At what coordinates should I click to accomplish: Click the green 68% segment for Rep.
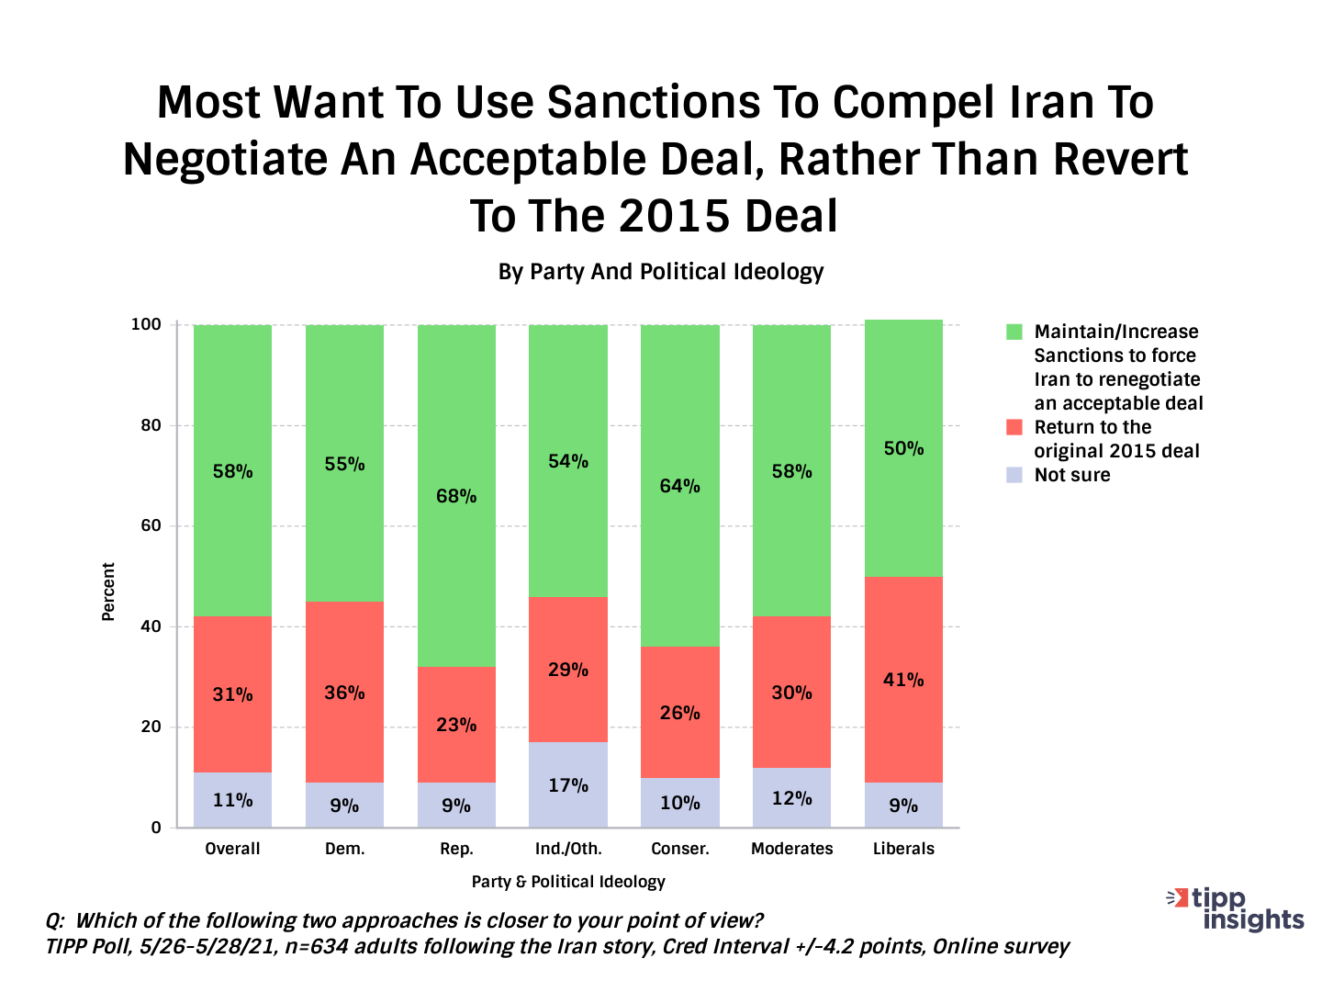coord(456,496)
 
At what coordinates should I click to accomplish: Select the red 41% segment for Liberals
coord(903,680)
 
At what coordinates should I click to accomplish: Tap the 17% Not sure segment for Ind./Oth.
coord(568,784)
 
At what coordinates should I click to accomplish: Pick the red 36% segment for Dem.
coord(344,693)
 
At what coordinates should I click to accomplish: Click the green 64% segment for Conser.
coord(679,486)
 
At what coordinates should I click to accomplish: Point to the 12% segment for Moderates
coord(791,797)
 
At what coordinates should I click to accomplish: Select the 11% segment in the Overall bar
coord(232,800)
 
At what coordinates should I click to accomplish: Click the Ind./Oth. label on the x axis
coord(568,849)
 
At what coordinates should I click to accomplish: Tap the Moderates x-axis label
coord(791,849)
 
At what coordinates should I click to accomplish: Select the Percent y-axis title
coord(108,592)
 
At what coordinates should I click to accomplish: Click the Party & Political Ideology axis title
coord(568,882)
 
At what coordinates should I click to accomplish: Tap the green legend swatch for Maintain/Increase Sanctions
coord(1014,332)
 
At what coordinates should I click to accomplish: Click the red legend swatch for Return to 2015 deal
coord(1014,427)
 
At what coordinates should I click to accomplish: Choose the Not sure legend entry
coord(1071,475)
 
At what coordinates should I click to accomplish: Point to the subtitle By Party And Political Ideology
coord(661,272)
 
